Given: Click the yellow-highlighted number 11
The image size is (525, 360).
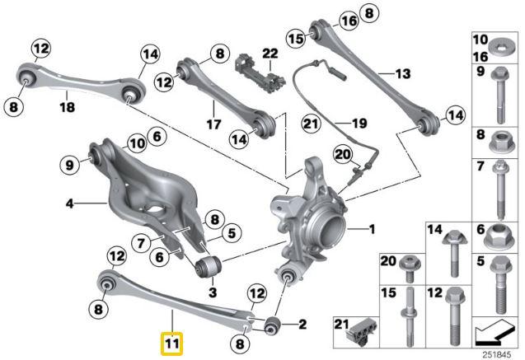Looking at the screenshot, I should (171, 339).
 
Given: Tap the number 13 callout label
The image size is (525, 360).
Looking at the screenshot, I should (401, 73).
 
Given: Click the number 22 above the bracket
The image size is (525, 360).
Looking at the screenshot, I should (266, 53).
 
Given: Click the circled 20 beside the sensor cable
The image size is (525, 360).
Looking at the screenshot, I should (342, 153).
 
